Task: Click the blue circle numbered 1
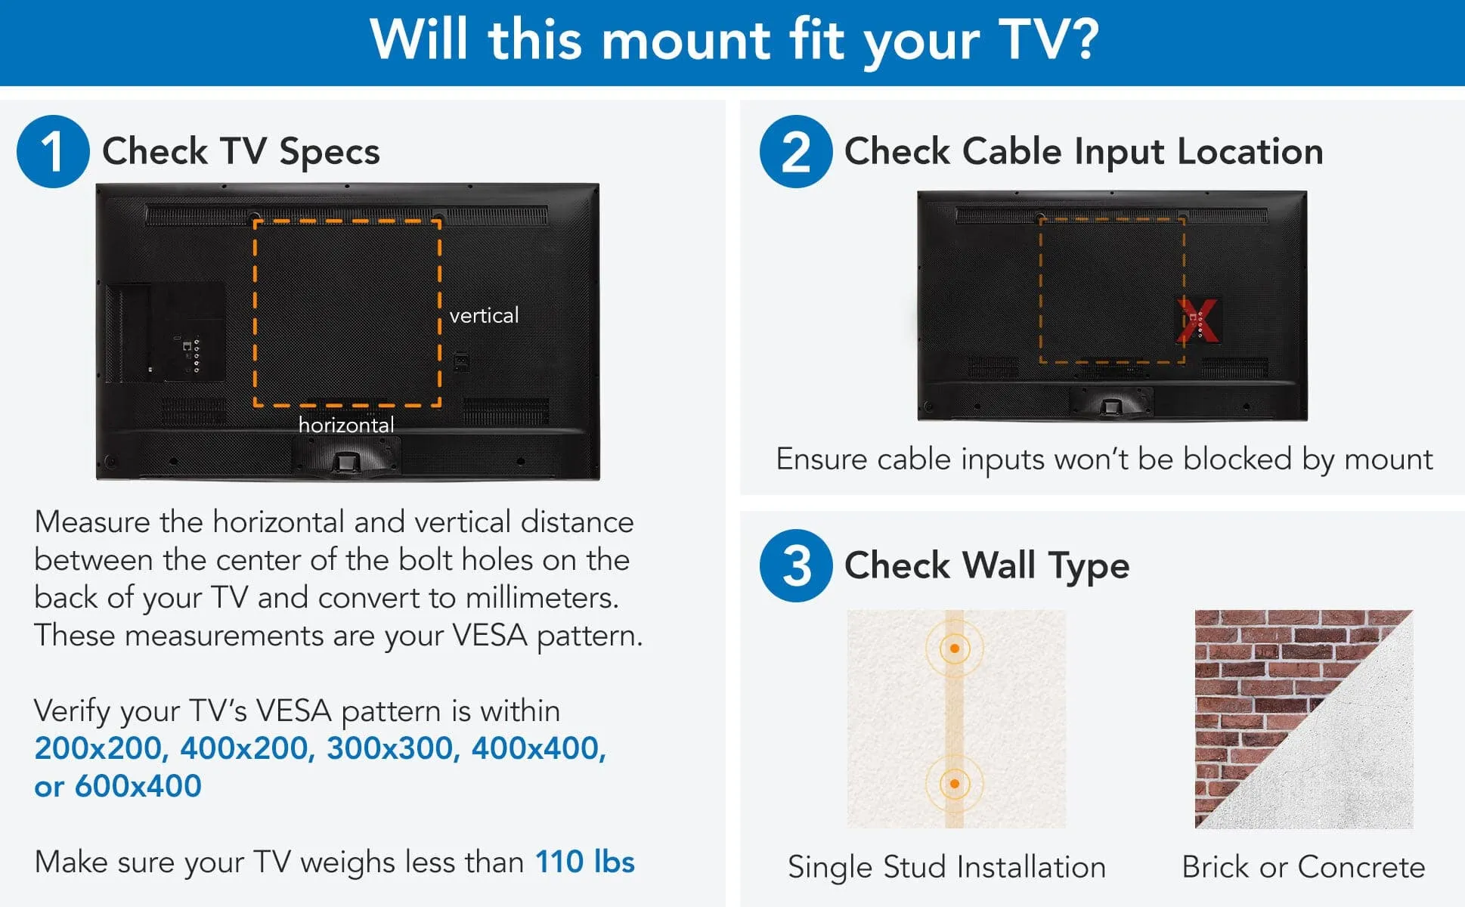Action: coord(53,151)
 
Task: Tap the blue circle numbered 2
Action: coord(796,151)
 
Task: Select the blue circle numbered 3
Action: coord(796,565)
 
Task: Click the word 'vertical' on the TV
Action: coord(484,315)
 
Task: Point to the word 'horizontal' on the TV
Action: coord(346,425)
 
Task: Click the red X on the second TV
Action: coord(1198,320)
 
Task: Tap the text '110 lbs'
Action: coord(584,862)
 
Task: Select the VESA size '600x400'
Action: coord(138,786)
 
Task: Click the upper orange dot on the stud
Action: coord(955,649)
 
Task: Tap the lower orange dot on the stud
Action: coord(955,784)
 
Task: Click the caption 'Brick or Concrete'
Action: coord(1303,867)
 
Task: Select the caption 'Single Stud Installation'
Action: coord(946,867)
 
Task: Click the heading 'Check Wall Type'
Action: coord(986,565)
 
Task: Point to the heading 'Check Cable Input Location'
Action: coord(1083,151)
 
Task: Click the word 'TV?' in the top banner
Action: coord(1048,39)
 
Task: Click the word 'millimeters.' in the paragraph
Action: coord(542,598)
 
